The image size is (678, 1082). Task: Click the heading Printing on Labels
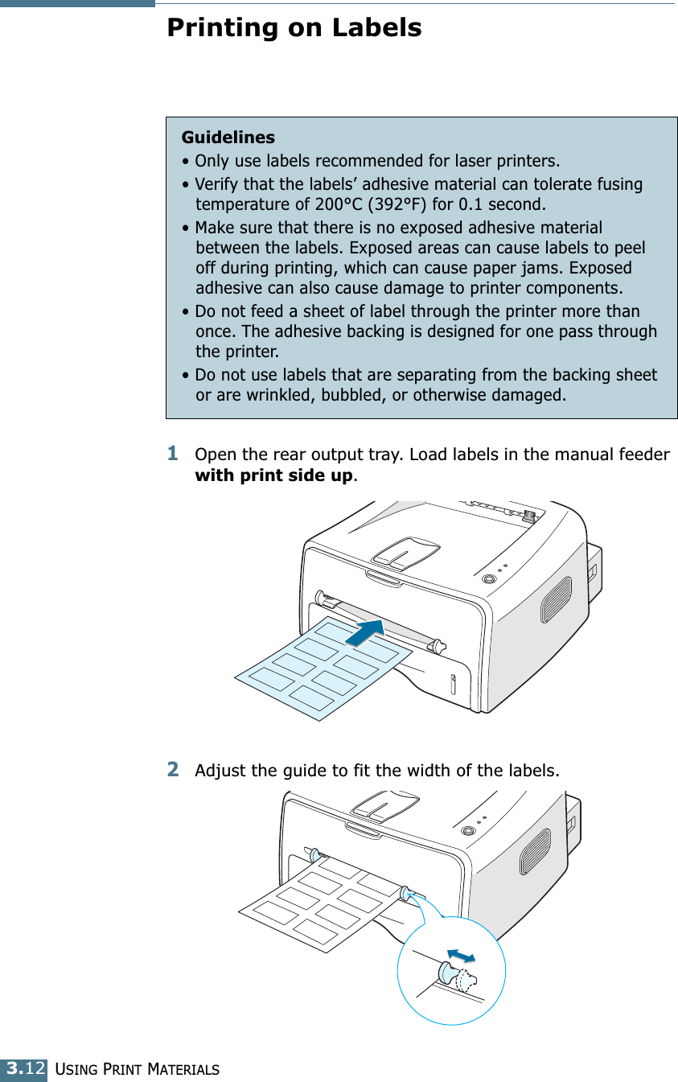tap(294, 28)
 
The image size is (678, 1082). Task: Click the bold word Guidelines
tap(228, 138)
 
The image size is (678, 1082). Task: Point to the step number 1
tap(173, 455)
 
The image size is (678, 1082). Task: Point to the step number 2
tap(173, 771)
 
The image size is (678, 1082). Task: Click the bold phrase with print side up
tap(273, 475)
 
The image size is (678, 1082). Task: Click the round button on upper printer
tap(487, 578)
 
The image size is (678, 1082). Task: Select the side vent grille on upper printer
tap(556, 599)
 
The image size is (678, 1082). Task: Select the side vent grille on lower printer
tap(535, 851)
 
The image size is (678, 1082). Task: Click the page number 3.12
tap(23, 1069)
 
